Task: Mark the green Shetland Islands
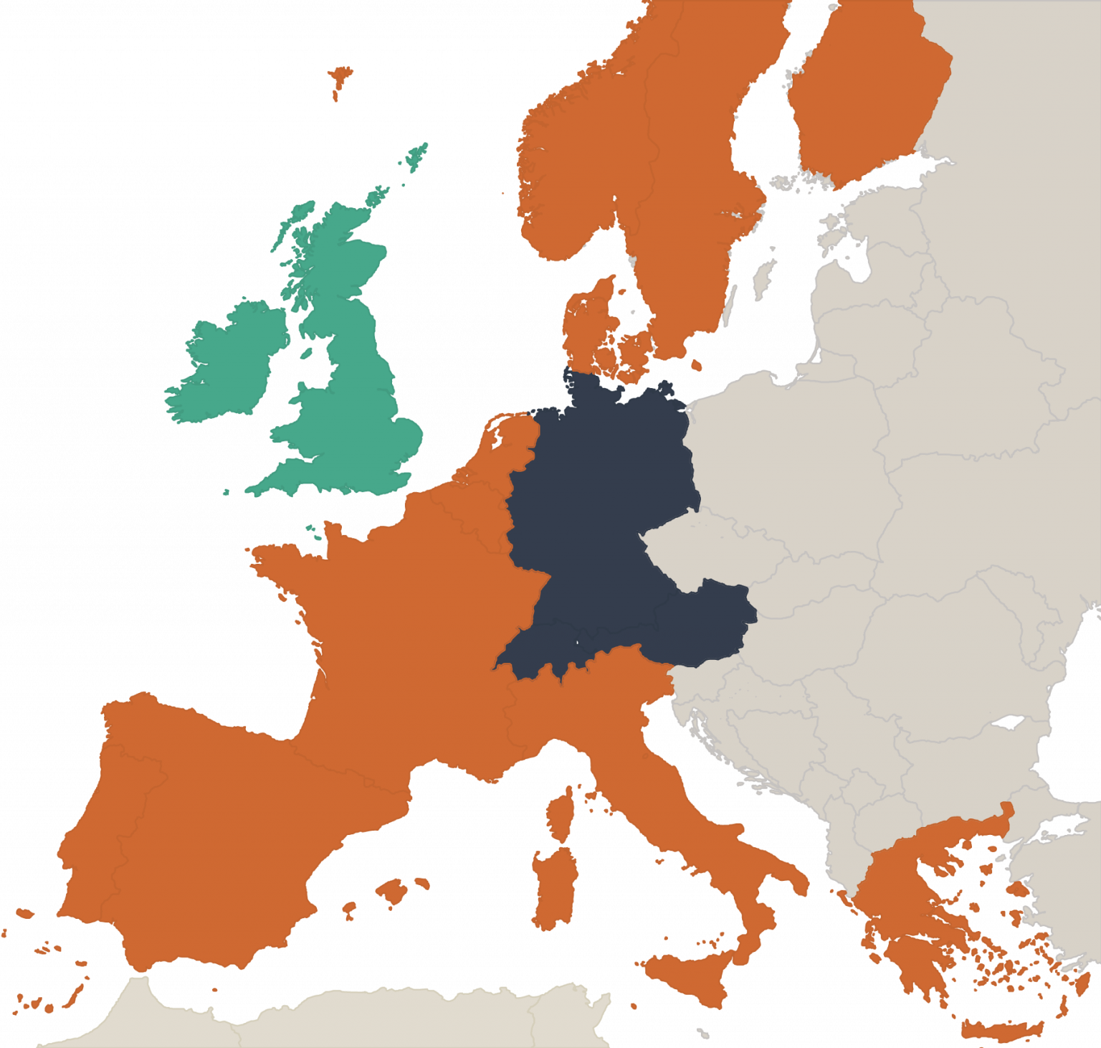click(416, 156)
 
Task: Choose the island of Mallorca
click(393, 892)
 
